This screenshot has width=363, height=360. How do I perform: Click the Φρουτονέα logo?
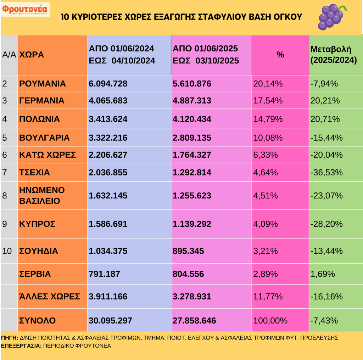(x=26, y=9)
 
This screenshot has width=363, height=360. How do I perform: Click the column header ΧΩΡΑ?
(x=32, y=55)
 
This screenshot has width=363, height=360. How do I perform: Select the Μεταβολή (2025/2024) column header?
(x=333, y=55)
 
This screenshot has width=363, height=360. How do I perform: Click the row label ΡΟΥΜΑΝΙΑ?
(x=43, y=84)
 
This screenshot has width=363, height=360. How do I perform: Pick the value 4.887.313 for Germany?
(x=192, y=101)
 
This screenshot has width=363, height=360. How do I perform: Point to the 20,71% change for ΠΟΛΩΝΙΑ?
(x=325, y=119)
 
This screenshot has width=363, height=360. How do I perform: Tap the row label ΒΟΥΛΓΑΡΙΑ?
(x=44, y=137)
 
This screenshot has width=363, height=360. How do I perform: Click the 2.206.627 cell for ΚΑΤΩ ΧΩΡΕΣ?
(x=108, y=155)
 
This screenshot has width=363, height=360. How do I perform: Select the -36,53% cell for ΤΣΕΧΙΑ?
(x=326, y=173)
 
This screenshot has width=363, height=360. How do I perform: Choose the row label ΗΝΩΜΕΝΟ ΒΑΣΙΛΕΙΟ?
(x=42, y=196)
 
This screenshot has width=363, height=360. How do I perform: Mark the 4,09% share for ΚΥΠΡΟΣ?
(x=268, y=224)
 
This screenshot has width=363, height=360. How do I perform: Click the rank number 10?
(x=7, y=251)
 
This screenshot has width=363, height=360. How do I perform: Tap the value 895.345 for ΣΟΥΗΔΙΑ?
(x=188, y=251)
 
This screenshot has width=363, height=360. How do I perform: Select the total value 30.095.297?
(x=110, y=320)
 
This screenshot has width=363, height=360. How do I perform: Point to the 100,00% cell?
(x=270, y=320)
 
